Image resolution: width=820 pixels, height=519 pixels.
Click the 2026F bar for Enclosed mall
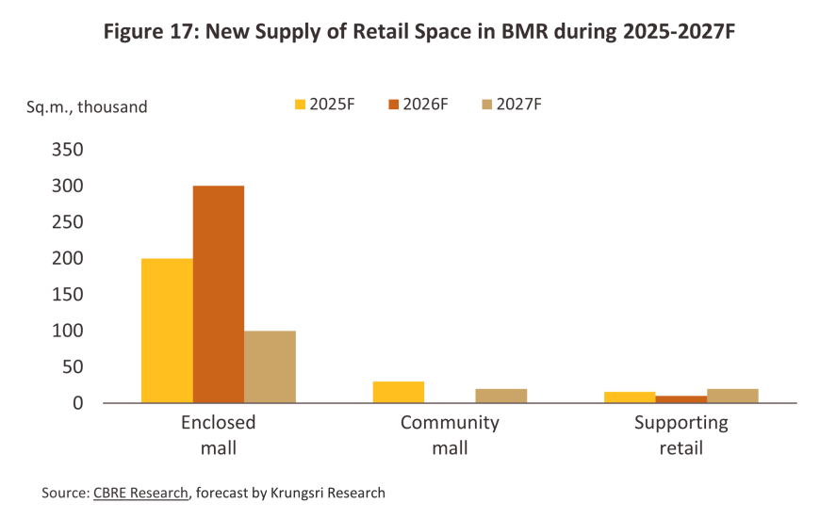coord(219,294)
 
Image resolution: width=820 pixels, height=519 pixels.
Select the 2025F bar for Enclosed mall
coord(167,331)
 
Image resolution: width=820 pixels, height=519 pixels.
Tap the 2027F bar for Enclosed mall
coord(270,366)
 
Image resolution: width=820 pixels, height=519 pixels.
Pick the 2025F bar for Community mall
coord(399,392)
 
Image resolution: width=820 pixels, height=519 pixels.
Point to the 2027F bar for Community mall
coord(501,396)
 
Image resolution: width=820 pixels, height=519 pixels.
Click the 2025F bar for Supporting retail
coord(630,397)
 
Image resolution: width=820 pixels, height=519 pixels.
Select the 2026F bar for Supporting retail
coord(681,399)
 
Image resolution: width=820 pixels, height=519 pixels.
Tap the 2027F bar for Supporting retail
coord(732,396)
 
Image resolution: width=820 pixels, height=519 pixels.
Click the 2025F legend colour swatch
coord(302,105)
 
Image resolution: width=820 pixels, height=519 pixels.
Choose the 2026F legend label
coord(424,105)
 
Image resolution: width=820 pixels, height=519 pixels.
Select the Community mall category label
coord(450,434)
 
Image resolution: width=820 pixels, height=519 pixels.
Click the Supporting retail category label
coord(681,434)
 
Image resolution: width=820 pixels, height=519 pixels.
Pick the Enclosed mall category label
coord(218,434)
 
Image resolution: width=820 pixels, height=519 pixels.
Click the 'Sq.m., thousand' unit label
coord(87,107)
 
